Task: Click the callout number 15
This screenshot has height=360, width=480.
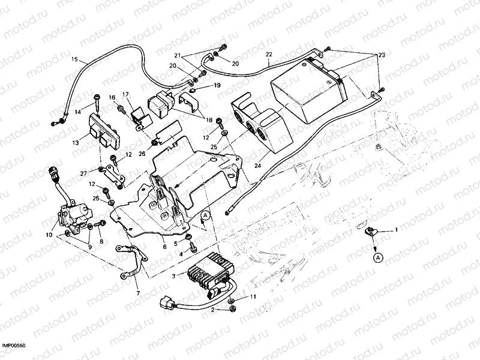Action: (x=74, y=59)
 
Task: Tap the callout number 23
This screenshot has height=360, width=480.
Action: (x=382, y=55)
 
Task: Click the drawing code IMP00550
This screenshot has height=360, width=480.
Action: (x=16, y=346)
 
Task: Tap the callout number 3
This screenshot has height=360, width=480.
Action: (x=174, y=276)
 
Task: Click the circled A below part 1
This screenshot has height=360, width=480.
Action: (x=377, y=257)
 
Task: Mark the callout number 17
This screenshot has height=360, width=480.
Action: (x=126, y=94)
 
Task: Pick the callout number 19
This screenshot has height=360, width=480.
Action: (x=217, y=85)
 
